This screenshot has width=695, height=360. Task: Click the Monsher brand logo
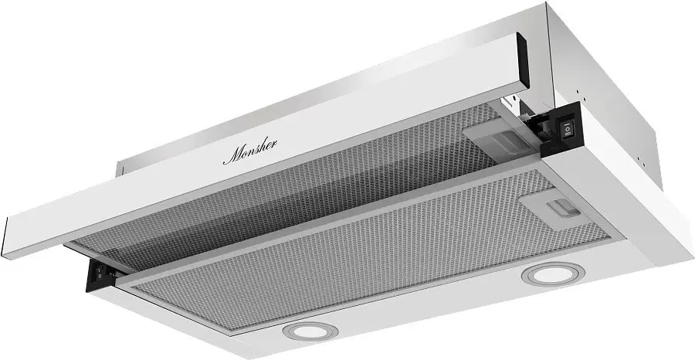250,151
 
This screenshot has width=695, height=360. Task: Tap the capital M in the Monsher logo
232,156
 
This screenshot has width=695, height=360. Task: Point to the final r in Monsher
273,143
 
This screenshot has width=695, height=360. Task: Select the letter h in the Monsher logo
262,146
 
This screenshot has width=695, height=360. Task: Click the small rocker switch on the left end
100,271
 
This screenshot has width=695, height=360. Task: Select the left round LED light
310,331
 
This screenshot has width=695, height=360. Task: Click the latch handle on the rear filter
504,142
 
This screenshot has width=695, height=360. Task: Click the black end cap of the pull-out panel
523,60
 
